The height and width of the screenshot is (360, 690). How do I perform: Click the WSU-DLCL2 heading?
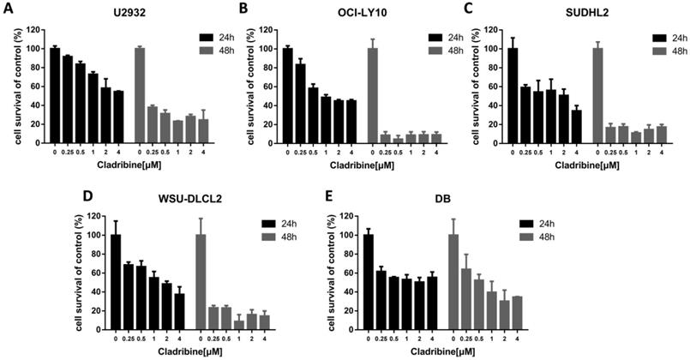188,199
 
